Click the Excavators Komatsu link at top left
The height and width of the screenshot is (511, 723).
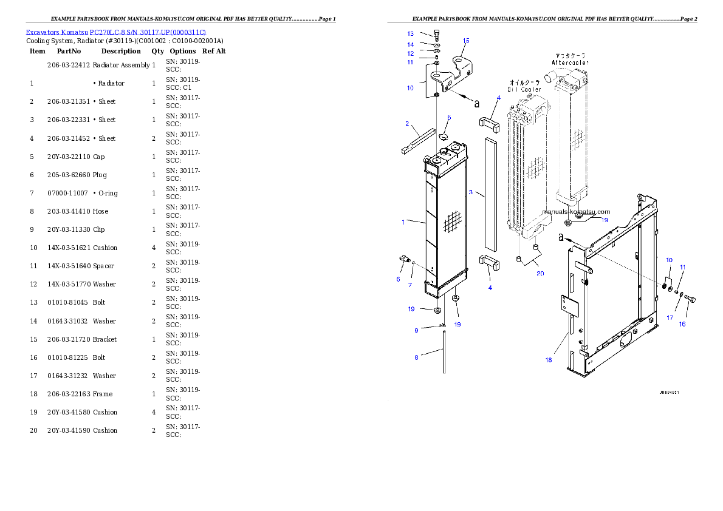tap(115, 32)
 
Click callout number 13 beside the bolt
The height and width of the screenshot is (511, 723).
tap(411, 34)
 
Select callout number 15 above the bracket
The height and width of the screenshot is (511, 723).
tap(466, 41)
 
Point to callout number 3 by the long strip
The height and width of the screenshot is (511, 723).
tap(471, 193)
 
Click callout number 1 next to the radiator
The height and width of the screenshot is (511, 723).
tap(403, 222)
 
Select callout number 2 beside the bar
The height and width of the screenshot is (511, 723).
tap(407, 124)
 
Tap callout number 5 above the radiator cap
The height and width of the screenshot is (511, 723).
tap(449, 118)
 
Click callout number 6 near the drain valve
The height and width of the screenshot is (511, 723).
tap(399, 279)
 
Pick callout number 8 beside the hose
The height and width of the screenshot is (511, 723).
tap(416, 357)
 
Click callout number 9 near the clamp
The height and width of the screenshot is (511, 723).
tap(416, 330)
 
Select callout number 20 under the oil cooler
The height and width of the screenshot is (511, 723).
tap(540, 273)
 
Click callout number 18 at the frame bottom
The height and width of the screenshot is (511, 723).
tap(549, 360)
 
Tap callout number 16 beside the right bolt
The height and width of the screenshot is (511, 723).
tap(682, 324)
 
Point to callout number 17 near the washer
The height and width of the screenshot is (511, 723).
tap(670, 317)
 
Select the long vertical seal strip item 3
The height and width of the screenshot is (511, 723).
tap(491, 194)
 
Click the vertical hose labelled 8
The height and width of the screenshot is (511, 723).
tap(444, 352)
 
